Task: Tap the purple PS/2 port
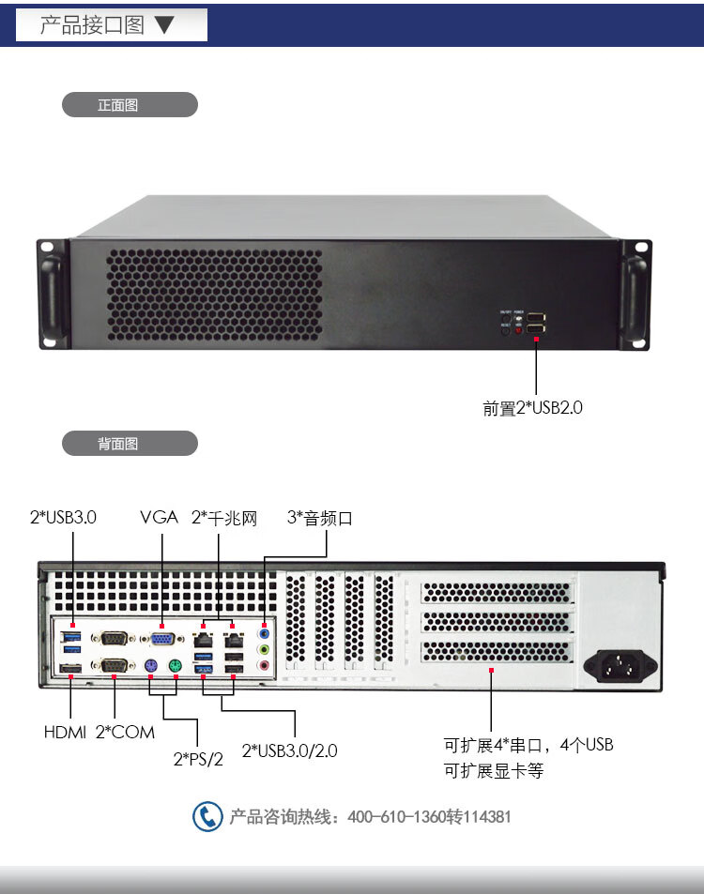[150, 666]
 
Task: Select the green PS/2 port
[176, 666]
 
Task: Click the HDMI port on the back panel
[69, 668]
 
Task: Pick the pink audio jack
[265, 665]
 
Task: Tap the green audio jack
[265, 648]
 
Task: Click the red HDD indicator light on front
[517, 330]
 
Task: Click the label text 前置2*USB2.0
[533, 408]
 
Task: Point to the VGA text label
[159, 517]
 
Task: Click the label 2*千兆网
[223, 517]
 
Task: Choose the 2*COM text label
[125, 732]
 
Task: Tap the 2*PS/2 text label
[198, 759]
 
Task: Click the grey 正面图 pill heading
[130, 105]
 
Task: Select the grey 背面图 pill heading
[130, 443]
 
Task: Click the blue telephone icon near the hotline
[207, 816]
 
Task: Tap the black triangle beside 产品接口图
[165, 24]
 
